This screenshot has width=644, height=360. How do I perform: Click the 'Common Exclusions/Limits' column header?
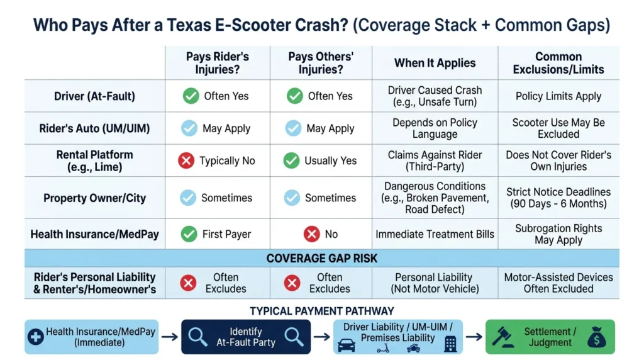coord(558,63)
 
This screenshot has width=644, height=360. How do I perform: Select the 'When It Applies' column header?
coord(435,63)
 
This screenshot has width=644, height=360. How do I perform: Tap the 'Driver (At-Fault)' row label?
coord(94,96)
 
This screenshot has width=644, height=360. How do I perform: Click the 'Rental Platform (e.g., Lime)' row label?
coord(94,160)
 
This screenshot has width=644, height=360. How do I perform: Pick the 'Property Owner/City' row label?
coord(94,198)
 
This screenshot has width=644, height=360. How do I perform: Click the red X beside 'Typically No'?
coord(186,160)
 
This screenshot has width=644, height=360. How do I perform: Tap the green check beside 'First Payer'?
coord(189,234)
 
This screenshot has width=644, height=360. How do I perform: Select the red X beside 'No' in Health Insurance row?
coord(312,234)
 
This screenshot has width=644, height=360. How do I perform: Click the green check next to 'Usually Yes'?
coord(291,160)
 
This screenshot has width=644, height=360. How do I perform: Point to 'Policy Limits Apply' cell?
coord(558,96)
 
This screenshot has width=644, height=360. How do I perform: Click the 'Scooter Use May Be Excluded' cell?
coord(558,128)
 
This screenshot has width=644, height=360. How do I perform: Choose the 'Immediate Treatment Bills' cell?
coord(435,234)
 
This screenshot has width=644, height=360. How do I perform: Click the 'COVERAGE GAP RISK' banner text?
coord(321,259)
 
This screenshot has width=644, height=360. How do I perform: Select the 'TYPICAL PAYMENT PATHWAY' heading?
coord(321,311)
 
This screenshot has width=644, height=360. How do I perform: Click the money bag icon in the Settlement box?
coord(596,337)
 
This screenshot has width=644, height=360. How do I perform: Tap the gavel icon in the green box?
coord(503,337)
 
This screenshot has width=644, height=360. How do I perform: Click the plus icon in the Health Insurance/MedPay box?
coord(36,337)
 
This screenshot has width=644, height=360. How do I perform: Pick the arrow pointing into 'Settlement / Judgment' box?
coord(474,337)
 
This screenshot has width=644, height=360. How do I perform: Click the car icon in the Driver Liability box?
coord(347,346)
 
